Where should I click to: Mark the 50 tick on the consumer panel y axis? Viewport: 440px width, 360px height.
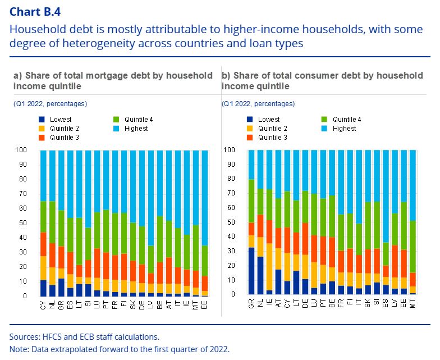pos(230,222)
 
